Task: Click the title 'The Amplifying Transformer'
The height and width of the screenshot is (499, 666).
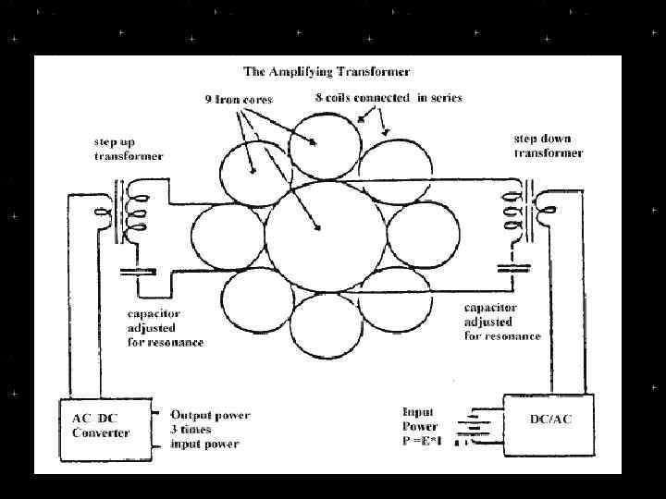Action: coord(327,71)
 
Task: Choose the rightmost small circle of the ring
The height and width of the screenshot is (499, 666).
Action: coord(421,237)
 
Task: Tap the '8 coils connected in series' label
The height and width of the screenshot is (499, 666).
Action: coord(382,97)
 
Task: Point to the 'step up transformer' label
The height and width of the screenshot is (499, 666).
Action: coord(129,150)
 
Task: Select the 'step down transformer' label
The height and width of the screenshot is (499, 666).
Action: coord(548,145)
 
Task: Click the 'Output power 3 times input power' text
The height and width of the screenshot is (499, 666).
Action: coord(209,429)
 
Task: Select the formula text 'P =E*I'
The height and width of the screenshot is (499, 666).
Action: coord(423,441)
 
